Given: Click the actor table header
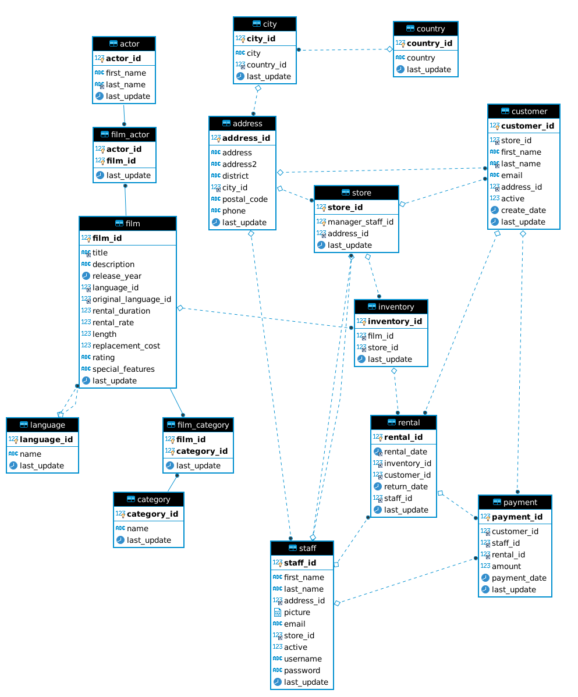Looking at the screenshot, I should click(x=124, y=44).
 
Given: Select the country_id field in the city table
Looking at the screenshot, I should click(x=266, y=65).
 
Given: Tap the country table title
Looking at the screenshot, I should click(x=425, y=29).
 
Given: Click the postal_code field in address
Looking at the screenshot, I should click(x=244, y=199).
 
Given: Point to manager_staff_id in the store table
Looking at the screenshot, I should click(x=360, y=222).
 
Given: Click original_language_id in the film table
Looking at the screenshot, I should click(x=132, y=299).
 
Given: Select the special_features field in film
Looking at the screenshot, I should click(x=123, y=369).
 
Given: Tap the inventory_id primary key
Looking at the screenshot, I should click(x=395, y=321).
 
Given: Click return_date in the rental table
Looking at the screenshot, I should click(x=406, y=486).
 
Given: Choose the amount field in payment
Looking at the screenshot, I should click(x=506, y=566).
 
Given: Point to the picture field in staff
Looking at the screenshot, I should click(x=297, y=612).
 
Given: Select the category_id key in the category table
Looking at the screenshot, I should click(x=153, y=514).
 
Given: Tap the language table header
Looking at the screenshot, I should click(x=42, y=425).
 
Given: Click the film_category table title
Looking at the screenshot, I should click(x=198, y=425).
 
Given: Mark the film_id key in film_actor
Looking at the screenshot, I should click(x=121, y=161).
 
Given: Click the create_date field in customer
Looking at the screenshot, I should click(x=523, y=210).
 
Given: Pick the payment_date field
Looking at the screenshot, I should click(x=519, y=578).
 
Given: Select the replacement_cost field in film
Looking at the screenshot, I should click(x=126, y=346).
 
